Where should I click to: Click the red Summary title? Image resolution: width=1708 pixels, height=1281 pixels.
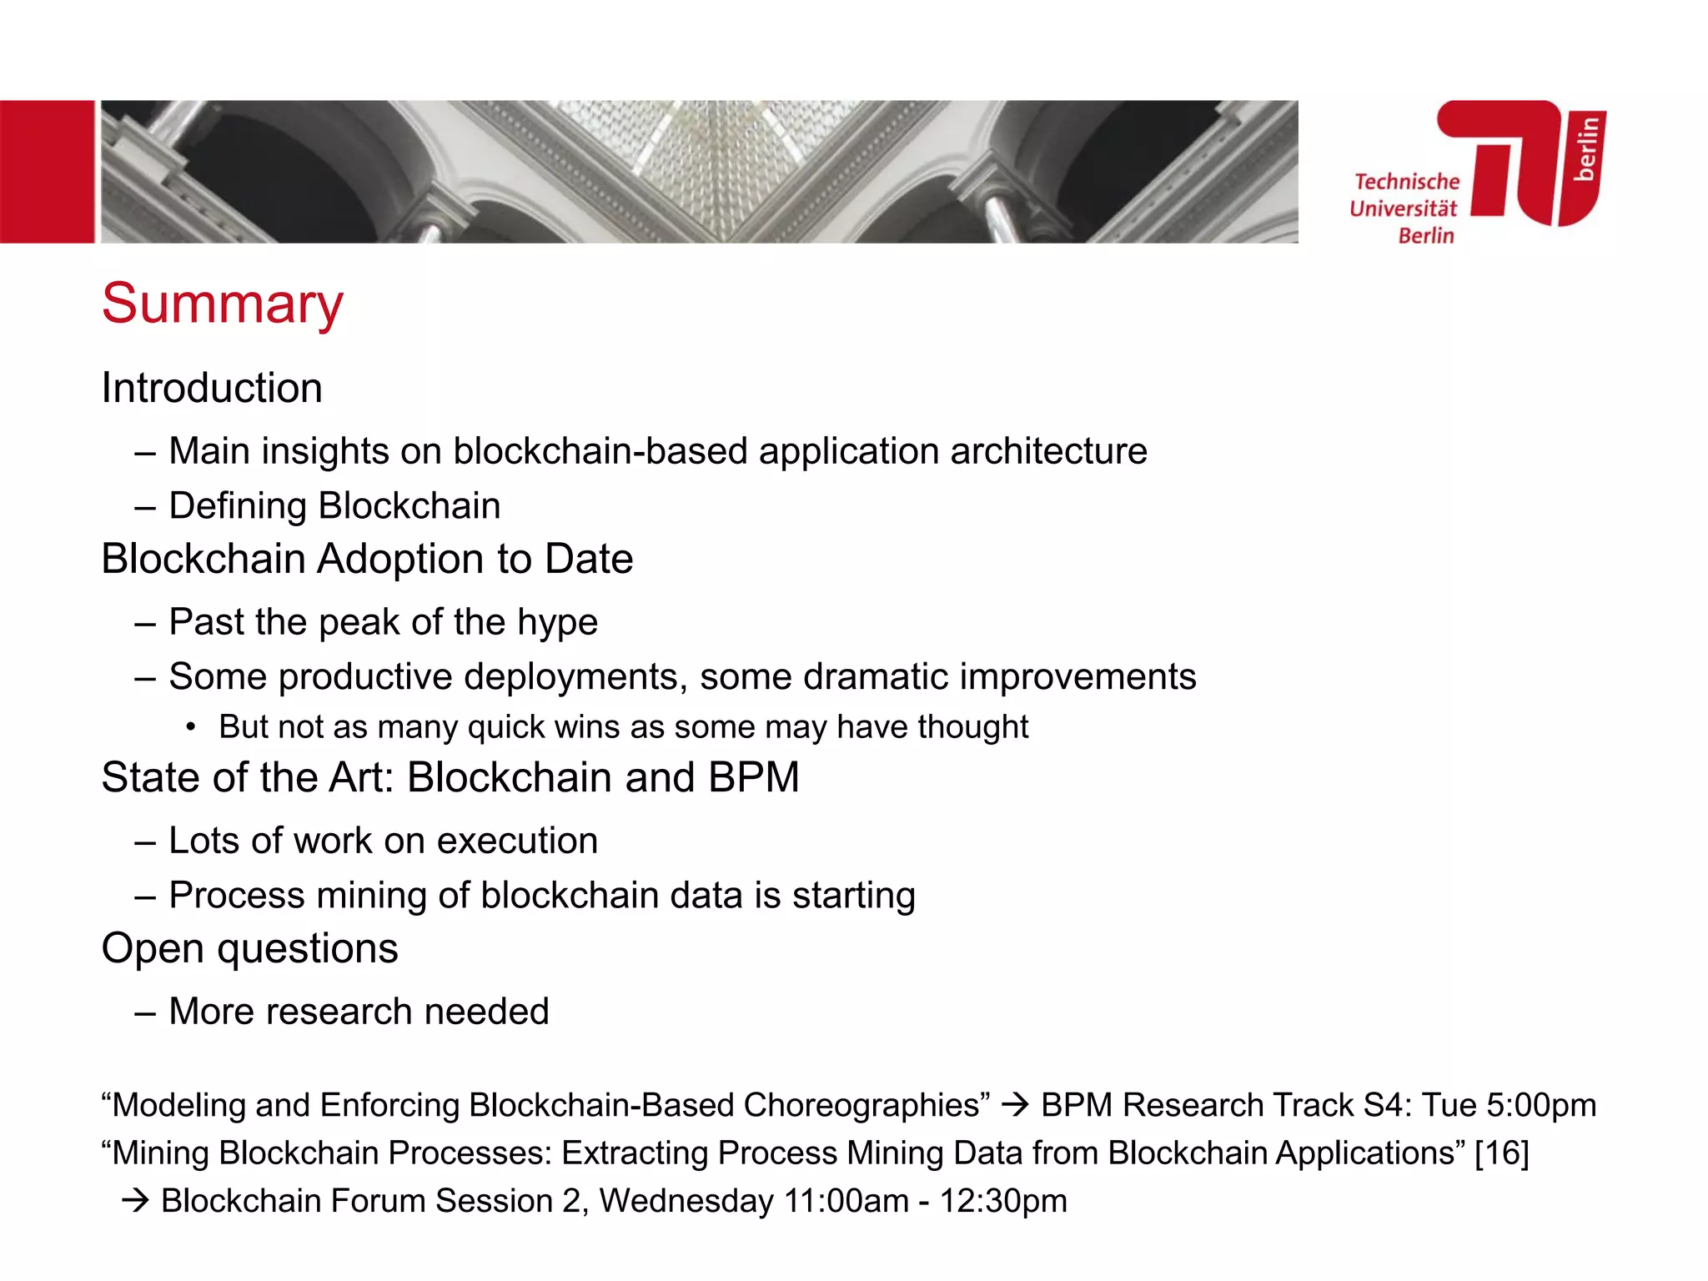(222, 304)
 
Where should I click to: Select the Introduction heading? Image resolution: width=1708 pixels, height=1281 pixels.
(212, 389)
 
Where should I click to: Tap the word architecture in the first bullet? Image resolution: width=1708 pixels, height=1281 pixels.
(1048, 451)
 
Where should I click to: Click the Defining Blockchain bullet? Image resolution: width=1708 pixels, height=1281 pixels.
(334, 506)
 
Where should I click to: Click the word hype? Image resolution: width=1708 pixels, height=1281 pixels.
(557, 623)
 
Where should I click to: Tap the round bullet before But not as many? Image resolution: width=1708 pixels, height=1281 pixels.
(191, 728)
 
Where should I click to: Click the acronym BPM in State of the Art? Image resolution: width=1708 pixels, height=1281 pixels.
(753, 777)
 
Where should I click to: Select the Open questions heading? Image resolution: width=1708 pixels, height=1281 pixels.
(249, 948)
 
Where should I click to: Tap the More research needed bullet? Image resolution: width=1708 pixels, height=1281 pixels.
(359, 1012)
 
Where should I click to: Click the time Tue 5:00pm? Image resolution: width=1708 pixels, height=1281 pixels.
(1509, 1105)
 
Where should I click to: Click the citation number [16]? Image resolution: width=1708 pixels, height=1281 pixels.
(1501, 1153)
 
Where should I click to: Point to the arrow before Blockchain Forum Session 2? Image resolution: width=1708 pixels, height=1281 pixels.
(135, 1201)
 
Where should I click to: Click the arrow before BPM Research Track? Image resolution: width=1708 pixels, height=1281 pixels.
(1015, 1105)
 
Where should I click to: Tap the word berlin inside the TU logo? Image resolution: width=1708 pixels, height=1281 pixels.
(1587, 148)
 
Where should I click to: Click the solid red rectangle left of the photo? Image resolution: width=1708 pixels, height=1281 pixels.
(47, 172)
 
